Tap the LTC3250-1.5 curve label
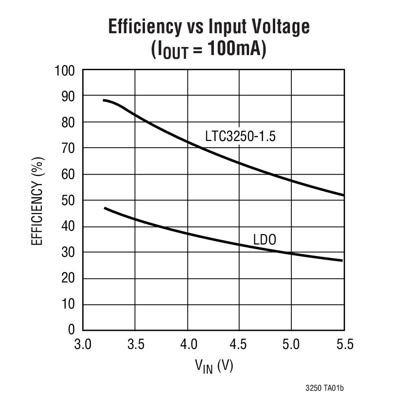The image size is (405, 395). pos(241,136)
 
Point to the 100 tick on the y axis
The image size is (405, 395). pos(66,71)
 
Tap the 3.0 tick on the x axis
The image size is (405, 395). pos(83,344)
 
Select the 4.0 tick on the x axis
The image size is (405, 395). pos(187,344)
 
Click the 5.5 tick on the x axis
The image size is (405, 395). pos(344,344)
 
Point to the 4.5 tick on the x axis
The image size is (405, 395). pos(240,344)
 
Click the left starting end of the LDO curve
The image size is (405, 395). pos(105,208)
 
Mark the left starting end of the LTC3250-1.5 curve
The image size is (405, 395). pos(104,100)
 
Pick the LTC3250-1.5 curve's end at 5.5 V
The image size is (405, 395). pos(343,195)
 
